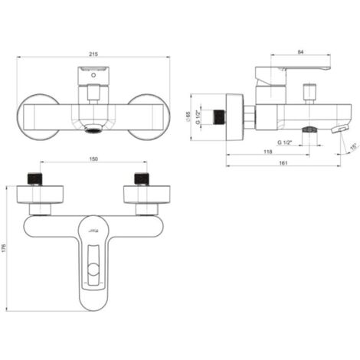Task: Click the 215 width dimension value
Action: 93,54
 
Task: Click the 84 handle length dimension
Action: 300,52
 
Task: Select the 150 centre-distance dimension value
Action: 93,159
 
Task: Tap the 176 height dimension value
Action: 4,248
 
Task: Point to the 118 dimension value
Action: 267,152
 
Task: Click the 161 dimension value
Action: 283,163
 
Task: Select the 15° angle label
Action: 353,147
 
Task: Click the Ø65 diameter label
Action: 188,116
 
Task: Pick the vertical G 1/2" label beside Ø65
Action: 198,117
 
